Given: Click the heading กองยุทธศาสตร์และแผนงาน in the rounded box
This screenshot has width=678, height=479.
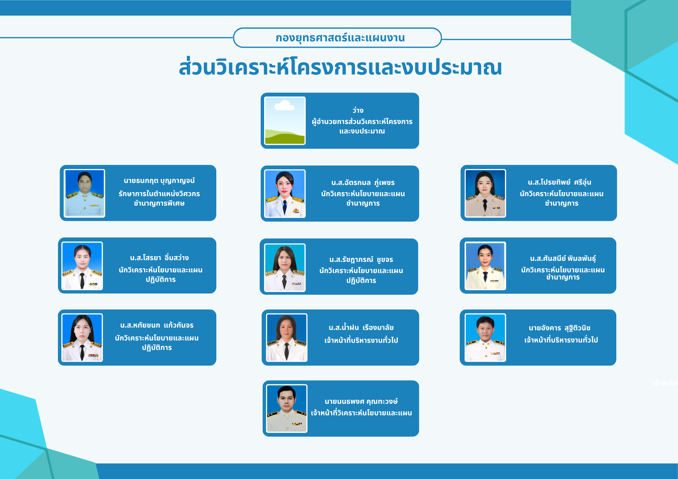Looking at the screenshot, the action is click(340, 38).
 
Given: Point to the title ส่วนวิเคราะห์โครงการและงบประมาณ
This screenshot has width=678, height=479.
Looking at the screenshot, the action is click(340, 67).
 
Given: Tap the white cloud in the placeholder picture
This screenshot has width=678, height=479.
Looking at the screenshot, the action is click(284, 105).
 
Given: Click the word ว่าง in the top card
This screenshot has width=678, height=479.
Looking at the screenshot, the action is click(358, 110).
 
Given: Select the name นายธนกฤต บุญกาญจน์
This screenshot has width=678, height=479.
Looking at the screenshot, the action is click(159, 181).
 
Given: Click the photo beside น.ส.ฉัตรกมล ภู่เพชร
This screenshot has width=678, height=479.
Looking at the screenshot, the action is click(285, 193).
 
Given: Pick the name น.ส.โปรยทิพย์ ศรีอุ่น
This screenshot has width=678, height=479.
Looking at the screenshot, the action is click(559, 182).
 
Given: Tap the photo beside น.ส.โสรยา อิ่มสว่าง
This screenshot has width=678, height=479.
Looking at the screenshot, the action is click(82, 266).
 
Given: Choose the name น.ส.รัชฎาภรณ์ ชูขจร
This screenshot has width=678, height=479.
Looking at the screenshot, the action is click(361, 259).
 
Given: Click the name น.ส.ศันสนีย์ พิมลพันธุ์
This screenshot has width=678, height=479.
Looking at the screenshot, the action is click(563, 258).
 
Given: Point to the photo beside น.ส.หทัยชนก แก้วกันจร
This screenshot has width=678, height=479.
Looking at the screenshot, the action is click(82, 338).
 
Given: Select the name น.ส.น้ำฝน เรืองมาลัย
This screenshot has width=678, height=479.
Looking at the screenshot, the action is click(361, 328).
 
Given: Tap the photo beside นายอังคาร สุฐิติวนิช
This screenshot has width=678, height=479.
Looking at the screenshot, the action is click(485, 338).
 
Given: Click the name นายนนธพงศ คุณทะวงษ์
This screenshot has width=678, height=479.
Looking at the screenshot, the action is click(361, 401).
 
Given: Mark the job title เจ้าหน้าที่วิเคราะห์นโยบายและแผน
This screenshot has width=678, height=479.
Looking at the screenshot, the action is click(361, 413).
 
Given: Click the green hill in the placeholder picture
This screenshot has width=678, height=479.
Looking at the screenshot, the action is click(285, 138).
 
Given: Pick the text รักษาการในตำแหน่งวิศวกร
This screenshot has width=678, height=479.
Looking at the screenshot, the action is click(159, 194).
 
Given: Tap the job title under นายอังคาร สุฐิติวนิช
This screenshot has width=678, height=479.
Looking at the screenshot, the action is click(561, 340).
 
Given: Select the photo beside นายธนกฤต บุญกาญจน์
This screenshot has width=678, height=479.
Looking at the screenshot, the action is click(84, 193).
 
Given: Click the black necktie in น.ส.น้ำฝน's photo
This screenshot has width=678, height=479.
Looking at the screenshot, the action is click(286, 351).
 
